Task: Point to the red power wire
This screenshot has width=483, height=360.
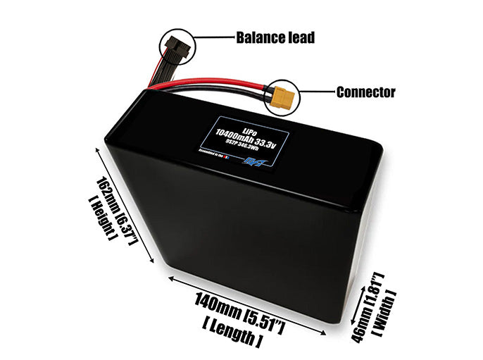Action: coord(211,83)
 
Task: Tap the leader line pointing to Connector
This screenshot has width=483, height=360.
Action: coord(318,92)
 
